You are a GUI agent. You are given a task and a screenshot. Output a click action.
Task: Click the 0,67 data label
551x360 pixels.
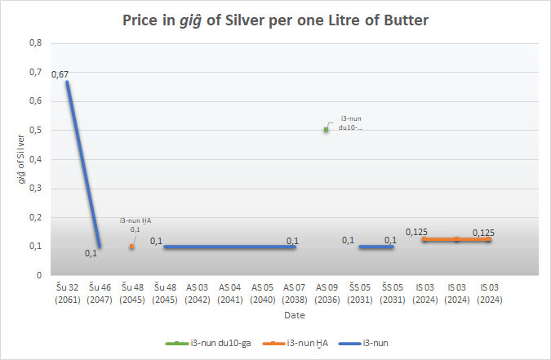click(x=60, y=74)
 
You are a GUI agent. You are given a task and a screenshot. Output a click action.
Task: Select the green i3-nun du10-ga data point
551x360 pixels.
click(x=326, y=129)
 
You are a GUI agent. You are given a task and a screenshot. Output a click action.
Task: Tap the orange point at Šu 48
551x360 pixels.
click(x=131, y=246)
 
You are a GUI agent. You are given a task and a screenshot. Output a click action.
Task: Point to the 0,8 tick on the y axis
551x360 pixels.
click(x=34, y=42)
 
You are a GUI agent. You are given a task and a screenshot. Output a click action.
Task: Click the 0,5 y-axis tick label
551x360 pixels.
click(x=34, y=130)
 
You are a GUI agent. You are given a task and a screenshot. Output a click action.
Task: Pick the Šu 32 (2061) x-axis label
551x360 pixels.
click(x=67, y=292)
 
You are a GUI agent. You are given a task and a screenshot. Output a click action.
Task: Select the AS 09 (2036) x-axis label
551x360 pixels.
click(x=327, y=292)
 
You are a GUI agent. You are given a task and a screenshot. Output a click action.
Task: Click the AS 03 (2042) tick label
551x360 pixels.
click(x=197, y=292)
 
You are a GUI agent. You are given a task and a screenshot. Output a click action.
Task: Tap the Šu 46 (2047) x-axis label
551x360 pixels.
click(x=100, y=292)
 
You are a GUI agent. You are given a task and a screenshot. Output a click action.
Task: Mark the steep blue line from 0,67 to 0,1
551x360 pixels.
click(x=82, y=163)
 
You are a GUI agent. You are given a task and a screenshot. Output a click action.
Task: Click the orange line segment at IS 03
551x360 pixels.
click(x=457, y=239)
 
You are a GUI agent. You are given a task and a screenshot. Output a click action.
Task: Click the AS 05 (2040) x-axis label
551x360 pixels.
click(x=262, y=292)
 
